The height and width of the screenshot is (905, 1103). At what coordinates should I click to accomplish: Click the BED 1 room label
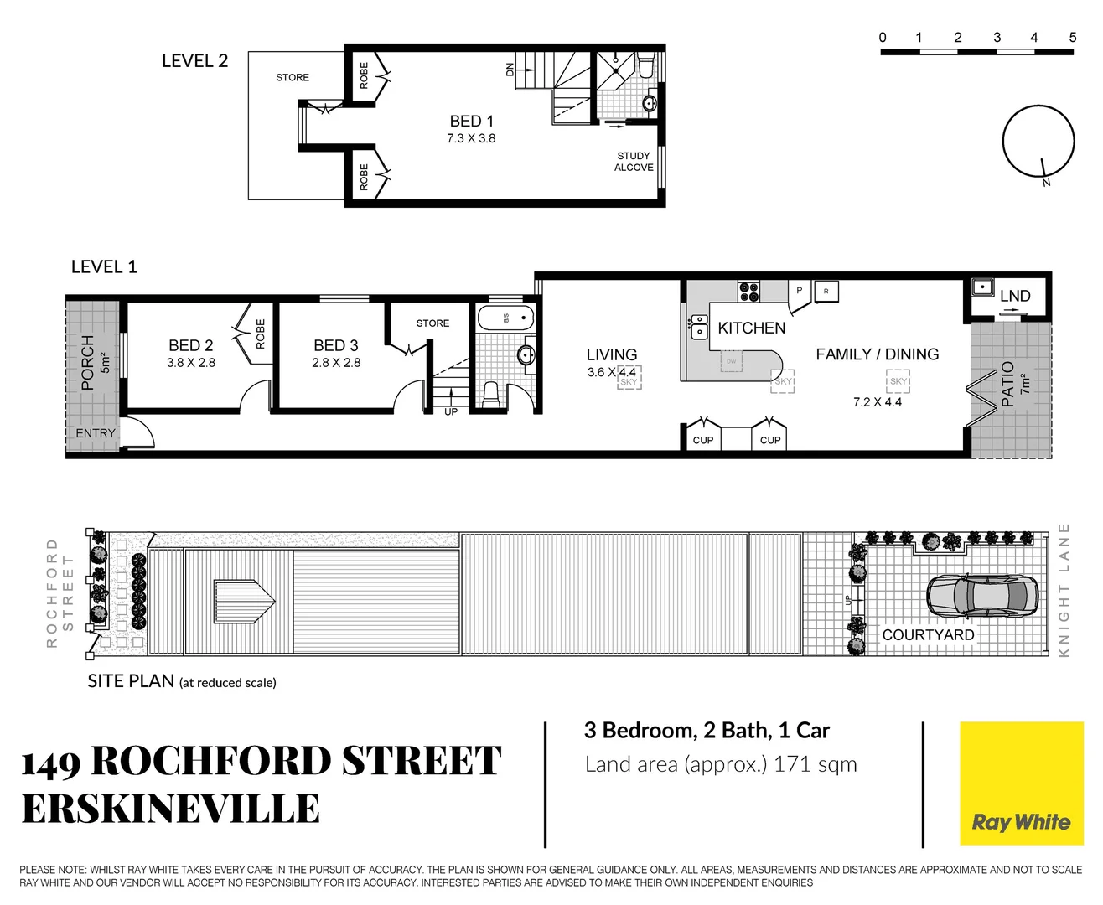pyautogui.click(x=471, y=121)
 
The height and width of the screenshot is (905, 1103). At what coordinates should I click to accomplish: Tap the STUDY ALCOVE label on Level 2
pyautogui.click(x=634, y=162)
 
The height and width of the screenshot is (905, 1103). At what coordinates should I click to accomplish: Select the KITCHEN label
pyautogui.click(x=751, y=328)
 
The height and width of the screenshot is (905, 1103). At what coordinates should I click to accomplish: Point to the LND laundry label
pyautogui.click(x=1015, y=296)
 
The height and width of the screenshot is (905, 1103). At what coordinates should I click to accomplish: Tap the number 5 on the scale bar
pyautogui.click(x=1072, y=37)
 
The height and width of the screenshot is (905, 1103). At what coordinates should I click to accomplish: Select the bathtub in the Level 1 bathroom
pyautogui.click(x=505, y=318)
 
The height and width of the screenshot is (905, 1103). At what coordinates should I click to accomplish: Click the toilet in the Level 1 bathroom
pyautogui.click(x=491, y=394)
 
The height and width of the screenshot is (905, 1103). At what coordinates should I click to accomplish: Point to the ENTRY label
pyautogui.click(x=96, y=433)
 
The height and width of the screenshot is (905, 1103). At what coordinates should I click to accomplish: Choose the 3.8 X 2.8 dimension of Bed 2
pyautogui.click(x=191, y=363)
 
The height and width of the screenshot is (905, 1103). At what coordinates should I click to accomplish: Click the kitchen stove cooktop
pyautogui.click(x=748, y=291)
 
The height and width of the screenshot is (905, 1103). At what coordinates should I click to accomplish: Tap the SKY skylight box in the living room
pyautogui.click(x=629, y=380)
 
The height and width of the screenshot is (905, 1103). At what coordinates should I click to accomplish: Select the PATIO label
pyautogui.click(x=1007, y=384)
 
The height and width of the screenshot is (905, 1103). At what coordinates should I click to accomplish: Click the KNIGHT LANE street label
pyautogui.click(x=1064, y=590)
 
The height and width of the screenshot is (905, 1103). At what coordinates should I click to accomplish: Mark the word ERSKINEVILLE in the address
pyautogui.click(x=171, y=809)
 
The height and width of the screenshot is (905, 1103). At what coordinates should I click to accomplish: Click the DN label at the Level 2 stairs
pyautogui.click(x=510, y=70)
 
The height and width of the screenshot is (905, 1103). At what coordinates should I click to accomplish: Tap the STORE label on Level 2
pyautogui.click(x=293, y=77)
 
